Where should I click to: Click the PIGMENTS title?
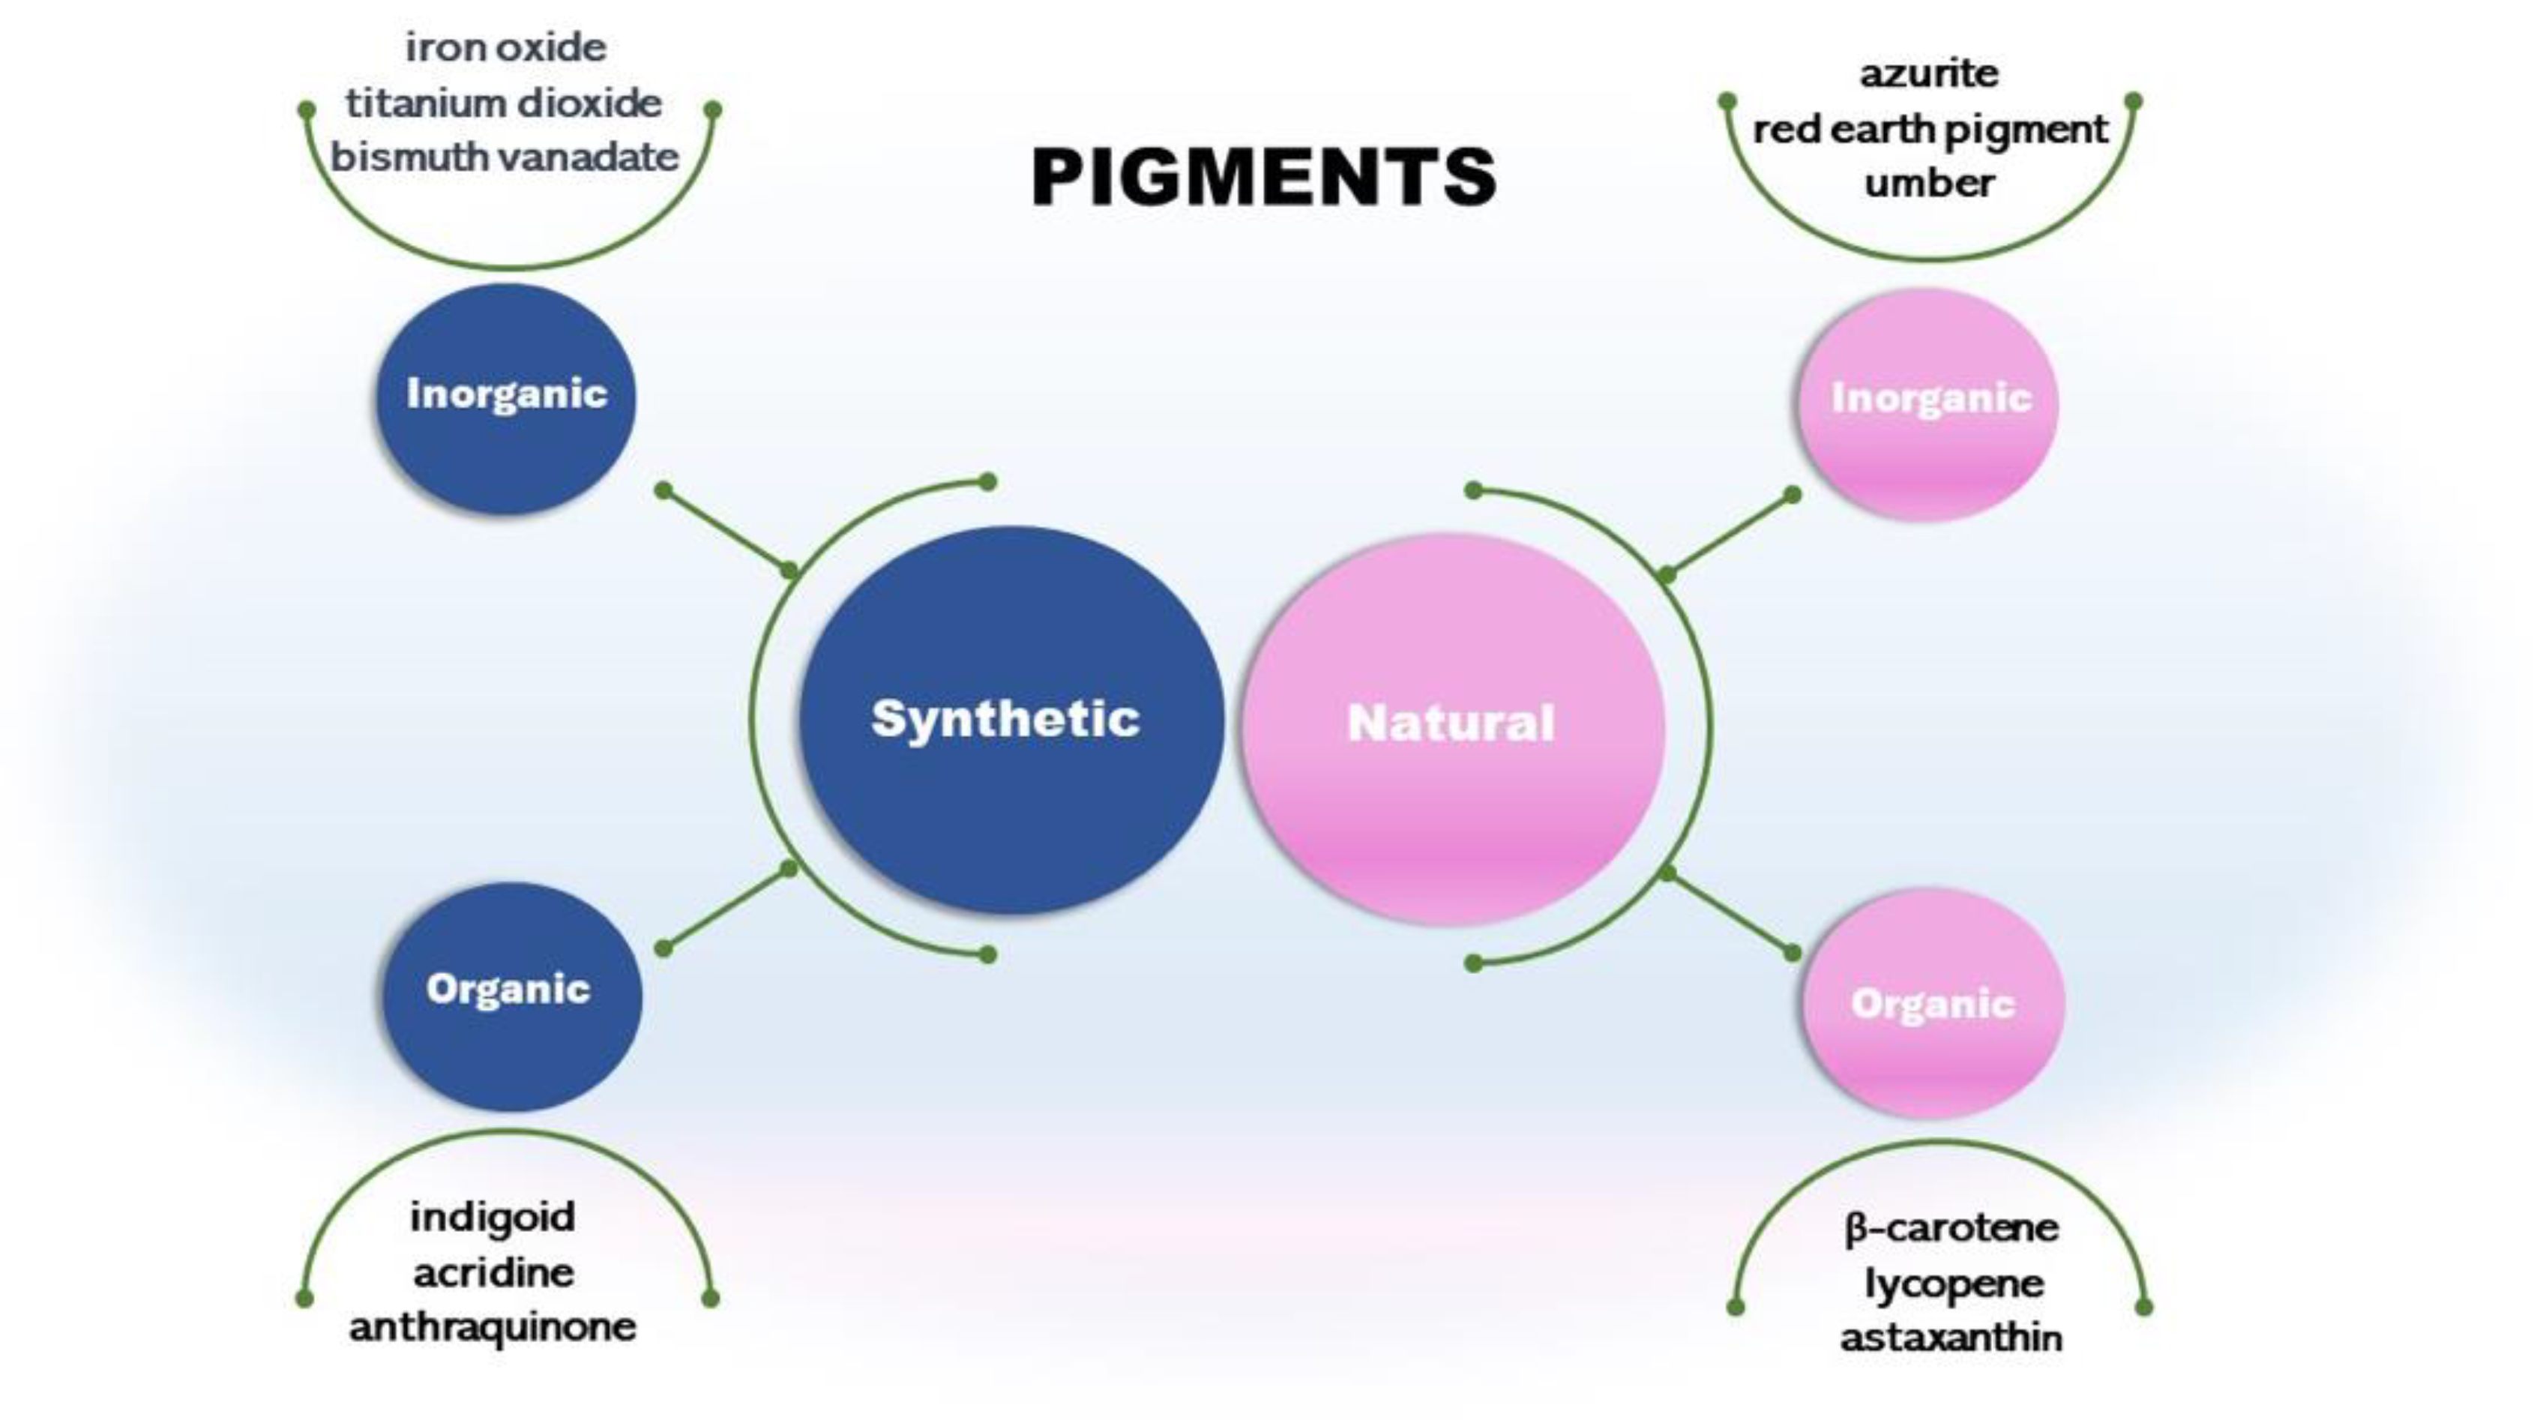(1263, 177)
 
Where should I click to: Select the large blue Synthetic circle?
(1010, 720)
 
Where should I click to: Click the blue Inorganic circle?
(506, 398)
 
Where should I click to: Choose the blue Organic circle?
(510, 996)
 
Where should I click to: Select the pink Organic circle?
(1932, 1002)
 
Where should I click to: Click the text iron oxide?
(505, 47)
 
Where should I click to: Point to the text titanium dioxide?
(503, 103)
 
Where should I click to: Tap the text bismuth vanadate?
(505, 157)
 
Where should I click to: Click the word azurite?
(1928, 73)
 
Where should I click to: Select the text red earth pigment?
(1929, 129)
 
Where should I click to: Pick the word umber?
(1928, 183)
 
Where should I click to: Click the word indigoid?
(493, 1217)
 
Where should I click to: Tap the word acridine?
(493, 1272)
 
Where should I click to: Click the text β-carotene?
(1950, 1228)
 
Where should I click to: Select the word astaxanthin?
(1950, 1338)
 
